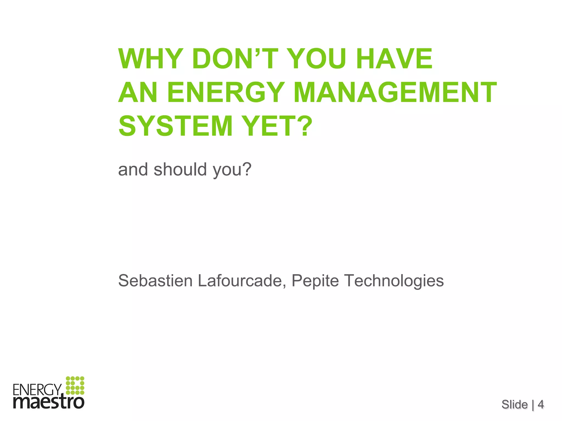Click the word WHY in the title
[x=151, y=59]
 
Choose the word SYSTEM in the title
[x=176, y=126]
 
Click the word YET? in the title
[x=278, y=126]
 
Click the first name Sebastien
[x=155, y=281]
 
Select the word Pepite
[x=315, y=281]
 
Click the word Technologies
[x=394, y=281]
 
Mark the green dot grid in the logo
[x=75, y=386]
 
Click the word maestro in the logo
[x=49, y=402]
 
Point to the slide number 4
[x=541, y=404]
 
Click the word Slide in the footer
[x=515, y=404]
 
